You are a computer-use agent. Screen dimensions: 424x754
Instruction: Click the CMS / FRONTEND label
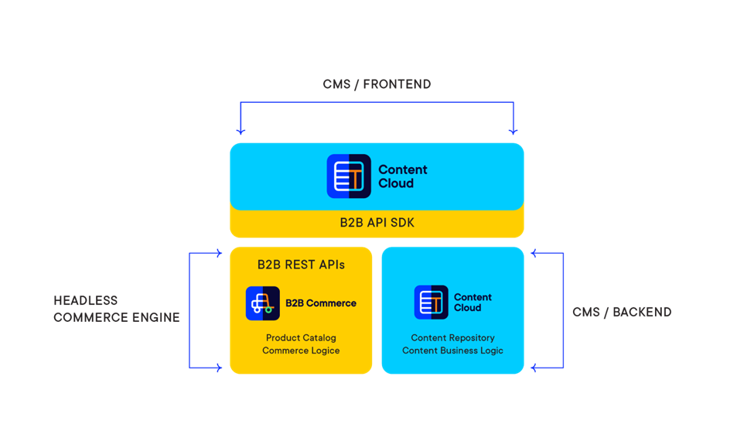click(x=377, y=84)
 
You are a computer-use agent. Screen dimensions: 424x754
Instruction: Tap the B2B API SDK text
click(x=377, y=223)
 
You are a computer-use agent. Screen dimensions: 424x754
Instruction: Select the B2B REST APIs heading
click(x=301, y=265)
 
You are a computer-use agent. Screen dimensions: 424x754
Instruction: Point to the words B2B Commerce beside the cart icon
click(x=321, y=303)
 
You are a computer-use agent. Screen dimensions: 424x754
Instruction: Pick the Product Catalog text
click(x=301, y=338)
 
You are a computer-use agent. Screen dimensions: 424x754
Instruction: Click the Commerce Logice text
click(x=301, y=350)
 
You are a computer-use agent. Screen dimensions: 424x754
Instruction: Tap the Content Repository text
click(x=452, y=338)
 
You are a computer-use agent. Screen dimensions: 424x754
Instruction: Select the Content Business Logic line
click(x=452, y=350)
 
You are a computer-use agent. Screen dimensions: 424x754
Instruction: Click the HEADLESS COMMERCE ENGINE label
click(x=116, y=309)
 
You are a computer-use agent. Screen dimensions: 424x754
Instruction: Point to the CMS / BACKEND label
click(x=622, y=313)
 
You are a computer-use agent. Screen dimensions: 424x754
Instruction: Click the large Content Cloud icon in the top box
click(x=349, y=176)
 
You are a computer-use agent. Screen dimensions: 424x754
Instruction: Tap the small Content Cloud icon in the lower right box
click(x=431, y=303)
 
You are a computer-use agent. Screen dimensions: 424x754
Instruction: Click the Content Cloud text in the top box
click(x=402, y=176)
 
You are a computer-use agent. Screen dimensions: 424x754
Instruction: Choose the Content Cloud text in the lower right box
click(x=473, y=303)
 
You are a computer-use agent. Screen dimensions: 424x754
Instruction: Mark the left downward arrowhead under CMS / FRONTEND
click(x=241, y=131)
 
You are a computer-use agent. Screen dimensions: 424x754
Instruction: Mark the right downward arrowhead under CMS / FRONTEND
click(x=513, y=131)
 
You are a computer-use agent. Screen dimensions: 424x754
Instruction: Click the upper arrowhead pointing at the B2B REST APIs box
click(x=218, y=253)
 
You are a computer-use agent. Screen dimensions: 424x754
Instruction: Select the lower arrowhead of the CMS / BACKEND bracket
click(x=535, y=368)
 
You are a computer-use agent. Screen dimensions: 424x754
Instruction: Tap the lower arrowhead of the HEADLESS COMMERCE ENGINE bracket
click(x=218, y=368)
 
